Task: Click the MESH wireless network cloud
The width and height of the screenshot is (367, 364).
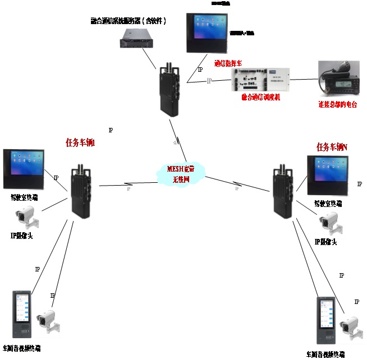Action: point(181,174)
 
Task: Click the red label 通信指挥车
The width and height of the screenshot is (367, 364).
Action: point(232,63)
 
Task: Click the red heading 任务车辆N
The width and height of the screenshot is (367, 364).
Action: point(332,147)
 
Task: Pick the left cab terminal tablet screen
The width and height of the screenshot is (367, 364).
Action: point(24,169)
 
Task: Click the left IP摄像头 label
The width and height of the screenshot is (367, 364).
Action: point(21,236)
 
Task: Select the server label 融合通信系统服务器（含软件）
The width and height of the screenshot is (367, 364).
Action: point(129,21)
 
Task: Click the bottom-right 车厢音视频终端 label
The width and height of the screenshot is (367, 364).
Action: point(325,354)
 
